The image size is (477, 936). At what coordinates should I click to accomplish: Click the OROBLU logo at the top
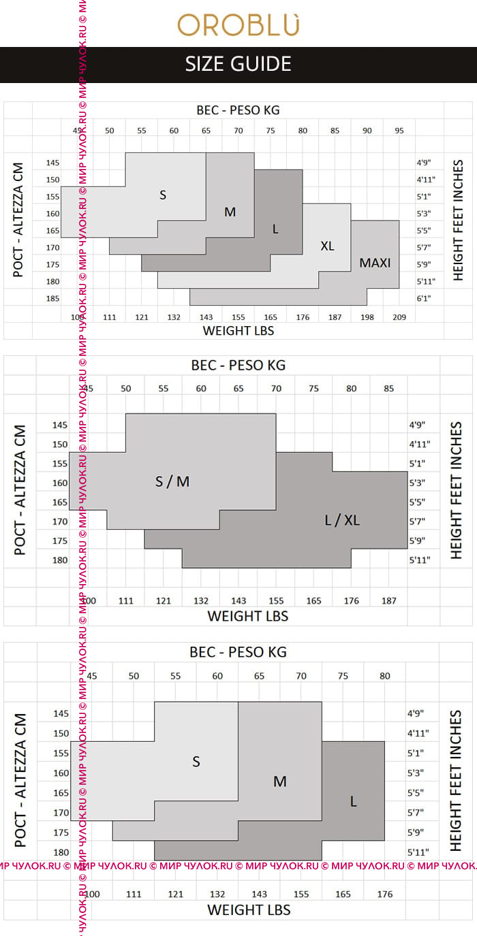click(x=238, y=25)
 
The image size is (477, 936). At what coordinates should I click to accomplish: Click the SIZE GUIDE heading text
click(x=238, y=64)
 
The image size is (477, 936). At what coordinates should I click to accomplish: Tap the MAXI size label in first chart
click(x=375, y=262)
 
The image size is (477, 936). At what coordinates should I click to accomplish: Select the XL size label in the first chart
click(x=327, y=246)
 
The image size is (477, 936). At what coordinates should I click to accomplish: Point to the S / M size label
click(x=172, y=482)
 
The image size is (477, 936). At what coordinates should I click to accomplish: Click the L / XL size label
click(x=342, y=521)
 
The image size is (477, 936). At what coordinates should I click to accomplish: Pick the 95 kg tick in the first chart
click(x=399, y=130)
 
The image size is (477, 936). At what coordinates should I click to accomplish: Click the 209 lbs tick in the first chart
click(x=399, y=317)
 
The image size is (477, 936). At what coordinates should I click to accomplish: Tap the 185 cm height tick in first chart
click(x=53, y=298)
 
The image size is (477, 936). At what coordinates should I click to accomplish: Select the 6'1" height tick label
click(x=425, y=298)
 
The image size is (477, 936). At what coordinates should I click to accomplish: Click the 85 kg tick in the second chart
click(x=388, y=389)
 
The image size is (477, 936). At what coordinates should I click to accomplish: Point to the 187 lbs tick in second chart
click(x=388, y=601)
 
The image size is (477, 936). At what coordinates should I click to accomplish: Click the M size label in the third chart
click(x=279, y=781)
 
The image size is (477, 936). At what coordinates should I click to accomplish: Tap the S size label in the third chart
click(x=196, y=762)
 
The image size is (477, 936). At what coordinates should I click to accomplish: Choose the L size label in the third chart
click(x=353, y=802)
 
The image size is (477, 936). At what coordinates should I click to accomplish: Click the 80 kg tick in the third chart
click(x=385, y=676)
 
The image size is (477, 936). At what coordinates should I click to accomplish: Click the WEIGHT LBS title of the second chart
click(x=247, y=616)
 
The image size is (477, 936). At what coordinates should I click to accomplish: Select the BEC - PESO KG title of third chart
click(x=238, y=652)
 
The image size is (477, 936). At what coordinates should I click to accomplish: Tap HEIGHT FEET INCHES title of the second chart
click(x=456, y=490)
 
